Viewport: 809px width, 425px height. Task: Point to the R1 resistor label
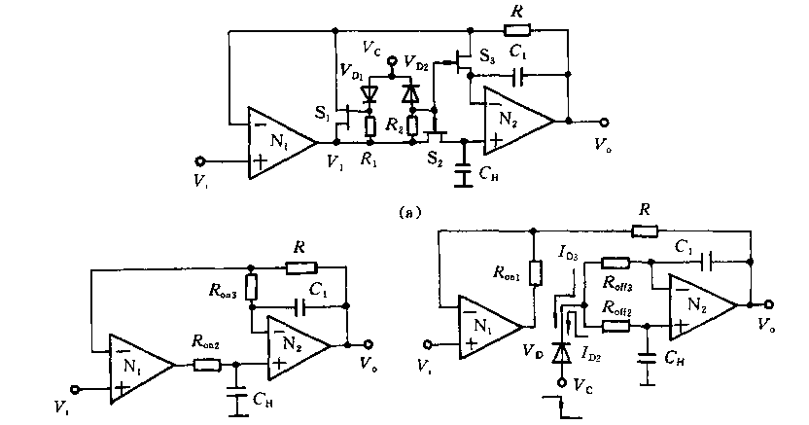pyautogui.click(x=370, y=159)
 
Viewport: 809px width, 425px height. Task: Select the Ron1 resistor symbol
pyautogui.click(x=533, y=275)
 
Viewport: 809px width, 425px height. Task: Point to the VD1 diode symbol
pyautogui.click(x=369, y=95)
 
